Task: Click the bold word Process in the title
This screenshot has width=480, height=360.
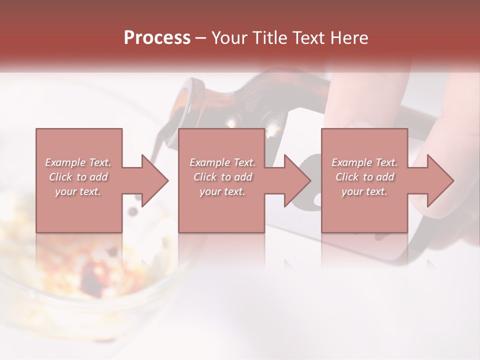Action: [157, 38]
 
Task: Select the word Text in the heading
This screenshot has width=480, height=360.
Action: [305, 38]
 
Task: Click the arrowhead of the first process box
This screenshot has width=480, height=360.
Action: [155, 180]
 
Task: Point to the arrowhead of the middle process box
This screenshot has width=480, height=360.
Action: [298, 180]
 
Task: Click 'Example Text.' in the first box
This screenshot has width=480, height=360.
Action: [78, 162]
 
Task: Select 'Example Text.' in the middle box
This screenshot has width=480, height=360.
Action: [222, 162]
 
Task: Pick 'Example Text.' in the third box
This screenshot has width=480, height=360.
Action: [364, 162]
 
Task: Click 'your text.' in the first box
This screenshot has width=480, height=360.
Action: [78, 191]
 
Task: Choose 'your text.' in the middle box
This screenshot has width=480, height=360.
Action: [222, 191]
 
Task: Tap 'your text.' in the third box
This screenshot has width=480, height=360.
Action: [364, 191]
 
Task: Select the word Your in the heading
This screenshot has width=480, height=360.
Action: [228, 38]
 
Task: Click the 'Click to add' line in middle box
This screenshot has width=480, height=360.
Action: [222, 177]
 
